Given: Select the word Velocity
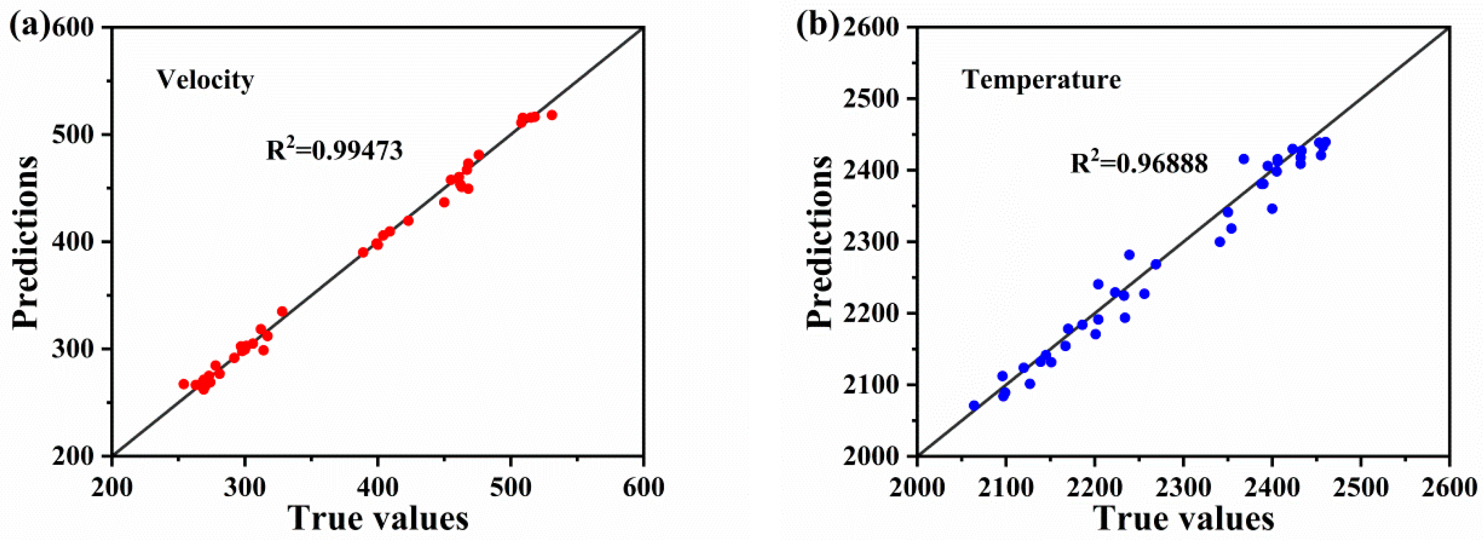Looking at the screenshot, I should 206,80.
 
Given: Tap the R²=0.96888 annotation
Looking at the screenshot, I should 1139,163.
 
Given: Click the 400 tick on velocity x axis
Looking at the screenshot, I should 378,488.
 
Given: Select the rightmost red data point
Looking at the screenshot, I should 552,115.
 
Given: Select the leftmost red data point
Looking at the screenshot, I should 183,384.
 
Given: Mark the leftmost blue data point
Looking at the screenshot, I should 974,406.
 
